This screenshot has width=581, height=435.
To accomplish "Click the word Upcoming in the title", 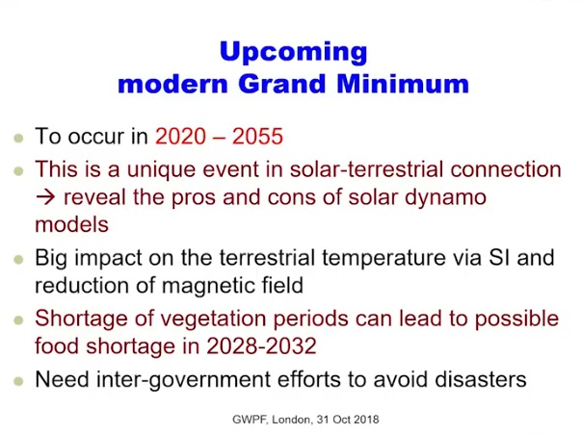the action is point(293,53).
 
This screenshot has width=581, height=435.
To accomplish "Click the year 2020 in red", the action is point(180,136).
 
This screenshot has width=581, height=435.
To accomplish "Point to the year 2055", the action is point(257,136).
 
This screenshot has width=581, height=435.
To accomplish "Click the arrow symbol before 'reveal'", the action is point(45,197).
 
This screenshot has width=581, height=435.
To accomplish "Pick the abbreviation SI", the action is point(499,258).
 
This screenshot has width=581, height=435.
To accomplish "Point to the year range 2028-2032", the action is point(261,345).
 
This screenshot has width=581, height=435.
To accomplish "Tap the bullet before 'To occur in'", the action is point(18,139).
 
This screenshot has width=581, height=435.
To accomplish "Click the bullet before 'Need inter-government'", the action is point(18,381).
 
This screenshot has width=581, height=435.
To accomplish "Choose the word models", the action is point(71,225).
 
